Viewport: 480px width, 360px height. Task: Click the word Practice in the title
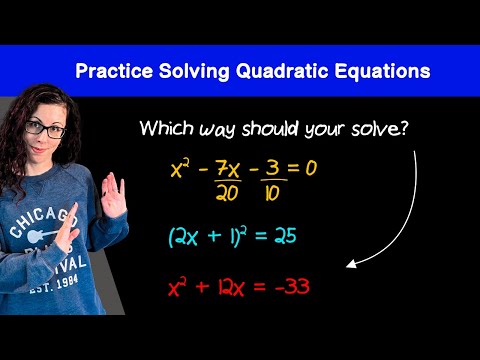pyautogui.click(x=114, y=71)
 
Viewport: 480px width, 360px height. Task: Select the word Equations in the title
pyautogui.click(x=382, y=71)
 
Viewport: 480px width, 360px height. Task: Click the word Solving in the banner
pyautogui.click(x=194, y=71)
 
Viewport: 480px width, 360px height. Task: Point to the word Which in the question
pyautogui.click(x=166, y=127)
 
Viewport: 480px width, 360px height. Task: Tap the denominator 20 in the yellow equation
pyautogui.click(x=227, y=193)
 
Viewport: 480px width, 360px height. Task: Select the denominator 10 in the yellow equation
pyautogui.click(x=272, y=193)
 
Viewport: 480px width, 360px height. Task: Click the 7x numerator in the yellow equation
pyautogui.click(x=228, y=168)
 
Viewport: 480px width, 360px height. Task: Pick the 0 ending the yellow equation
pyautogui.click(x=311, y=168)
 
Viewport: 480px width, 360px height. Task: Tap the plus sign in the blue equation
pyautogui.click(x=214, y=235)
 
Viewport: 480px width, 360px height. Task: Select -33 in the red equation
pyautogui.click(x=292, y=286)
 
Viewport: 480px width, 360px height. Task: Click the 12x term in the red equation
pyautogui.click(x=231, y=287)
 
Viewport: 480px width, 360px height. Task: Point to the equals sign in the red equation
pyautogui.click(x=260, y=287)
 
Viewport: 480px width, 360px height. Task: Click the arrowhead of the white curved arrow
pyautogui.click(x=351, y=264)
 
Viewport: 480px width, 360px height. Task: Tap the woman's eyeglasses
pyautogui.click(x=46, y=129)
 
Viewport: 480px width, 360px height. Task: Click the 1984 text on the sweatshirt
pyautogui.click(x=67, y=283)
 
